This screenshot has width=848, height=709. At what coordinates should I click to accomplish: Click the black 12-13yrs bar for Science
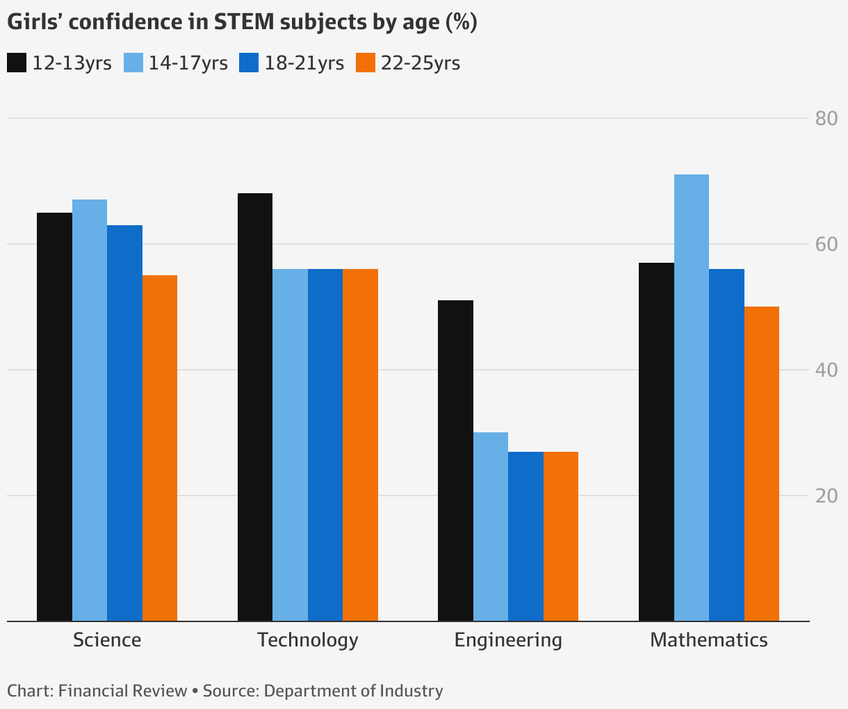pos(54,416)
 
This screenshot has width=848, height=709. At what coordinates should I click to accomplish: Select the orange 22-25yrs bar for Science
pos(160,448)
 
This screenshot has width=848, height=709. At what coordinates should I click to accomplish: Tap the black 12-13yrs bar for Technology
pos(255,407)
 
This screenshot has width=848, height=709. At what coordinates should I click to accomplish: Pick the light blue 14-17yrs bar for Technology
pos(290,445)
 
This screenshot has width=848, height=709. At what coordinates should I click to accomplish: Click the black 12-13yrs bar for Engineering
pos(455,460)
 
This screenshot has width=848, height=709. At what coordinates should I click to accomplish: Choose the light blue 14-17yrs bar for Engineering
pos(491,527)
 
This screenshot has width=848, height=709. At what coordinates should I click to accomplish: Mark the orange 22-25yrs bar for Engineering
pos(561,536)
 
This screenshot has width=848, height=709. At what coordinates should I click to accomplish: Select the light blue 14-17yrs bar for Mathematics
pos(692,398)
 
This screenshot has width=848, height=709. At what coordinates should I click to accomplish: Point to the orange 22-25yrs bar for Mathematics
pos(762,464)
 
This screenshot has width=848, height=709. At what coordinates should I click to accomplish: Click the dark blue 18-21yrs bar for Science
pos(124,423)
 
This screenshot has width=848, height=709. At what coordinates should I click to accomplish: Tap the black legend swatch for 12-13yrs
pos(17,63)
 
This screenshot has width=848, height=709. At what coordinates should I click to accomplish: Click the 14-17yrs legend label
pos(188,63)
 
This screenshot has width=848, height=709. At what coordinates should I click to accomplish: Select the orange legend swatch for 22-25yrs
pos(366,63)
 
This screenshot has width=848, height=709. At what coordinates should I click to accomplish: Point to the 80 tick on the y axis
pos(826,119)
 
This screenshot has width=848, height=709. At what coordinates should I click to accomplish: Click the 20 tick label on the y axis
pos(826,496)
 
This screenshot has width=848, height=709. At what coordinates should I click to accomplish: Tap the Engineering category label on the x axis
pos(508,641)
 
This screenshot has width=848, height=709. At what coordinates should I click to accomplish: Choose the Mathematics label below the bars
pos(709,640)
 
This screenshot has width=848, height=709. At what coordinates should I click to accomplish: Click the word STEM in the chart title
pos(245,22)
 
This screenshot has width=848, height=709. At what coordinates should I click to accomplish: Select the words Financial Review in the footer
pos(122,691)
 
